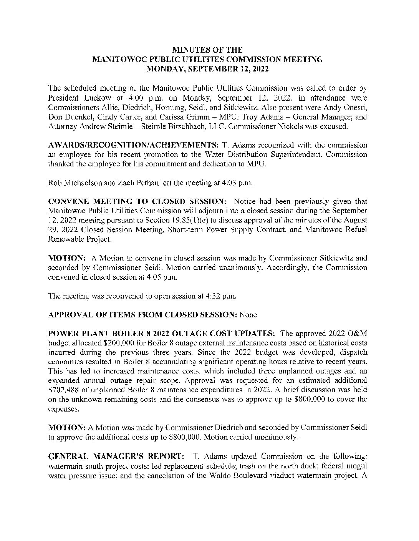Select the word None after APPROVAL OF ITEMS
248,315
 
